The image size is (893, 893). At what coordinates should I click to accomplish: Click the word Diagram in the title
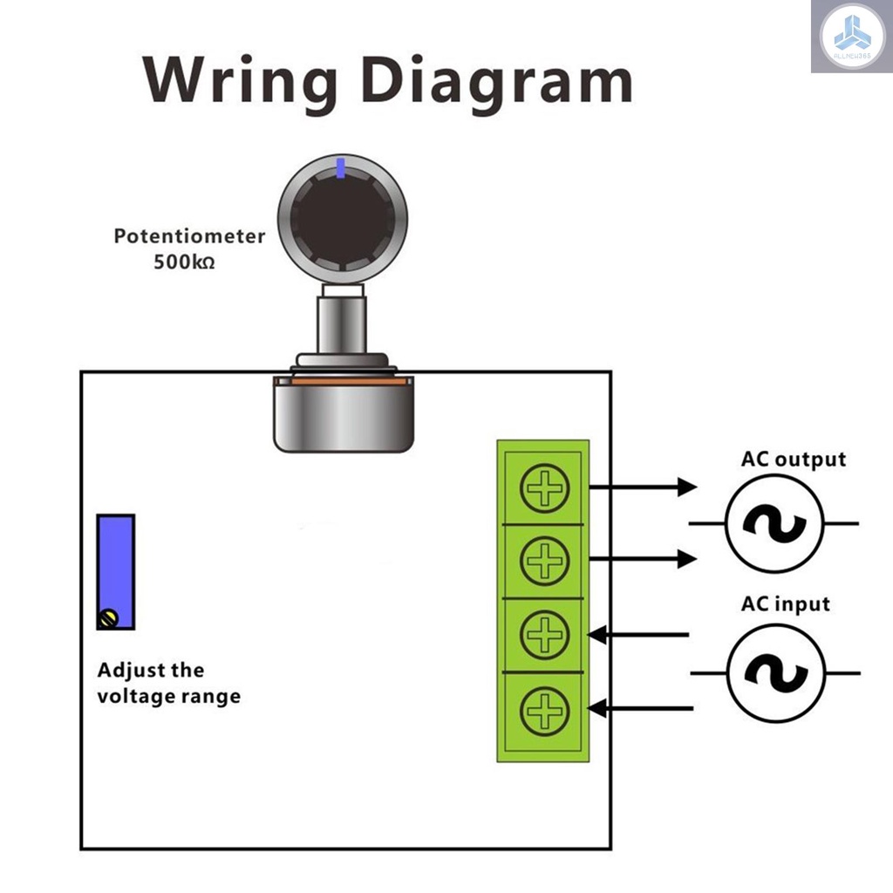(x=496, y=83)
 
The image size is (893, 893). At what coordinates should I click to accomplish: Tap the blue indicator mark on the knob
(x=341, y=168)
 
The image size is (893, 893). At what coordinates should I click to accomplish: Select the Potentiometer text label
(x=189, y=235)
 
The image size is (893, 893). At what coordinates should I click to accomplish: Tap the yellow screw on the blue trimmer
(x=108, y=618)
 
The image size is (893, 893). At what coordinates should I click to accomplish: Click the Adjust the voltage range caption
(x=168, y=684)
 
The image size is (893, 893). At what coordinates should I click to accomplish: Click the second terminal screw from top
(x=544, y=560)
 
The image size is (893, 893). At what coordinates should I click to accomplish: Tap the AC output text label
(x=793, y=460)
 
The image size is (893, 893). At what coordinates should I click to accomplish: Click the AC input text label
(x=785, y=603)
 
